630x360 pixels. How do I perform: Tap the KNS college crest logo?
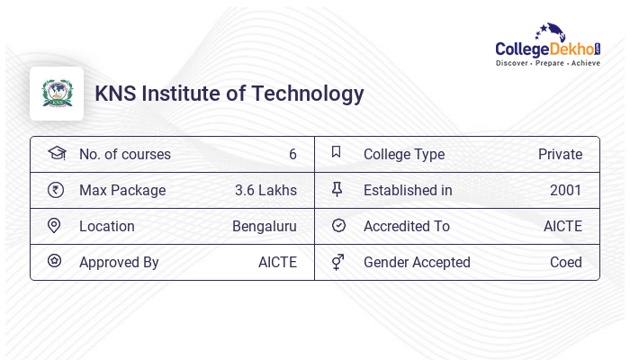[57, 94]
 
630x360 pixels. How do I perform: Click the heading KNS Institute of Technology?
[229, 94]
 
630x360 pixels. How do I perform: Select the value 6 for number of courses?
[292, 154]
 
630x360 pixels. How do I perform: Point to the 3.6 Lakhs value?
[265, 190]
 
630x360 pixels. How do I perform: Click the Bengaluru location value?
[264, 226]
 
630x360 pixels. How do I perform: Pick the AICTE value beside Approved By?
[277, 262]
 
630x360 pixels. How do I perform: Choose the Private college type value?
[560, 154]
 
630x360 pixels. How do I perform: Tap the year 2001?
[566, 190]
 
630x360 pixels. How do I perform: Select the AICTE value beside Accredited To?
[562, 226]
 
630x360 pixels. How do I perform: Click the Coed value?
[566, 262]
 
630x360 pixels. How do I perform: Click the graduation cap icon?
[56, 153]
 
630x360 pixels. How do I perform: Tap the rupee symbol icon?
[55, 190]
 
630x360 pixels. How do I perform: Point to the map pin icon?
[54, 225]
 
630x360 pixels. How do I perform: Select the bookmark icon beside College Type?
[337, 152]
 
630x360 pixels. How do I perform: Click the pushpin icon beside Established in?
[337, 189]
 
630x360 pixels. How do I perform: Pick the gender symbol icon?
[337, 261]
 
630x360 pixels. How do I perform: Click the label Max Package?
[122, 190]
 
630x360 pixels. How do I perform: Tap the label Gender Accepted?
[417, 262]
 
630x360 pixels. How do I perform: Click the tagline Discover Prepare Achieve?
[547, 64]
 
